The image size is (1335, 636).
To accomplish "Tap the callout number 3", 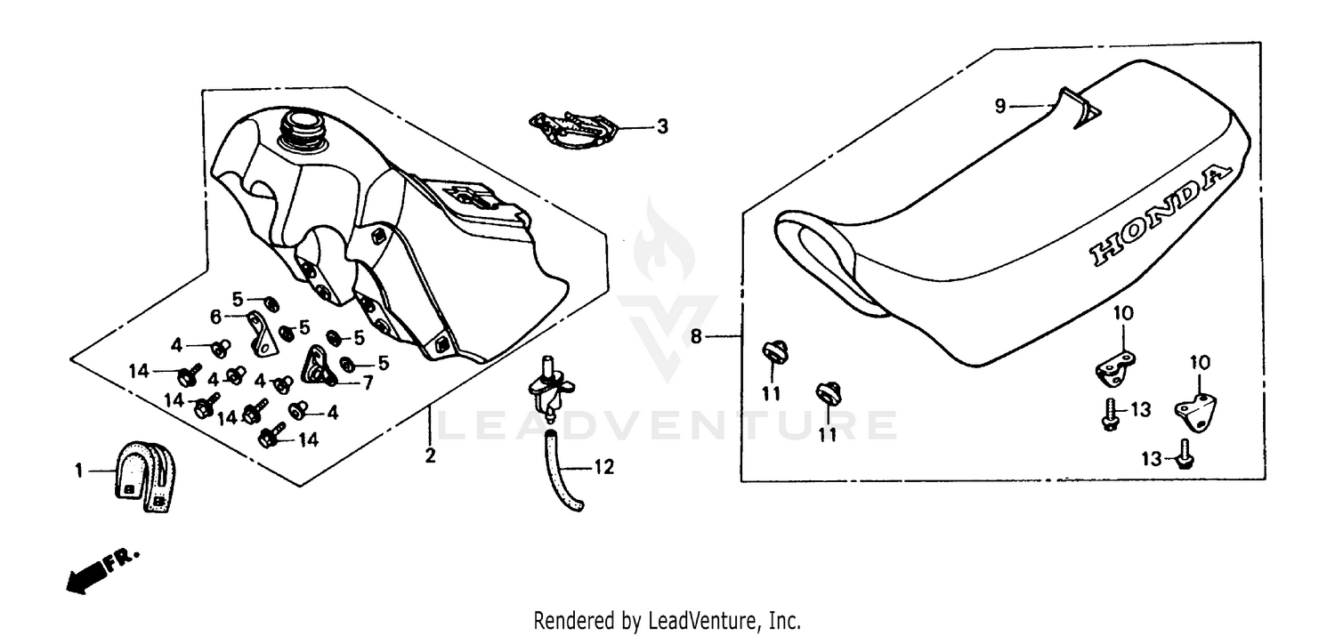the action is [662, 127].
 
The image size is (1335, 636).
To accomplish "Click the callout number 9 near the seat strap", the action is [1000, 106].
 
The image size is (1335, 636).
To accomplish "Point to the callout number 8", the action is [696, 337].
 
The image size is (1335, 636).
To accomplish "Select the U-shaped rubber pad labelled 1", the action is [145, 477].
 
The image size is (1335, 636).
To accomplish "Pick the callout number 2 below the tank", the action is [430, 455].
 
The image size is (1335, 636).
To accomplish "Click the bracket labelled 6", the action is [261, 334].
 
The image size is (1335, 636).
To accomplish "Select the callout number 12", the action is [603, 468].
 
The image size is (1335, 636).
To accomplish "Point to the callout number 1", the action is [78, 471].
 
